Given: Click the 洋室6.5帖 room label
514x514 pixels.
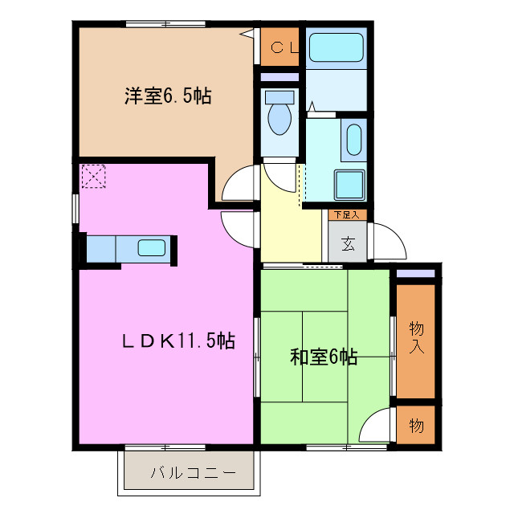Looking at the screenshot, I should [167, 96].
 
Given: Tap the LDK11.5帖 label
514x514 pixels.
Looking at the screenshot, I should [177, 341].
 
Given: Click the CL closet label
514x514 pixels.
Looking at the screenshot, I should [283, 47].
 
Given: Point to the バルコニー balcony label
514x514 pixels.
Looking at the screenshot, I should [193, 473].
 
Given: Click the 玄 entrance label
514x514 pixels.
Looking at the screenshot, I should [348, 244].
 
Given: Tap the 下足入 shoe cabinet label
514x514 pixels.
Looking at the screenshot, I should [347, 214].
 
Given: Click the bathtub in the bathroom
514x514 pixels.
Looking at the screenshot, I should [337, 47].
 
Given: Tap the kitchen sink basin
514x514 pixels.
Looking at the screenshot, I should [151, 247].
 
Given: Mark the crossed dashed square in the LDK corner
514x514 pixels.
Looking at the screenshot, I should [93, 177].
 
